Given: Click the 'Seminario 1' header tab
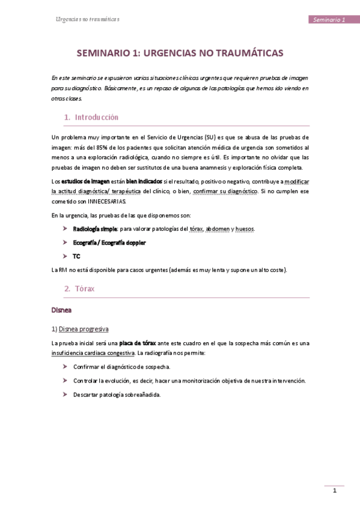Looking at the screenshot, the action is pyautogui.click(x=329, y=20).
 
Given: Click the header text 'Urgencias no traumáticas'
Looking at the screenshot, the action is pyautogui.click(x=87, y=19).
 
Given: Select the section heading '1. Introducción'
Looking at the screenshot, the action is pyautogui.click(x=91, y=117).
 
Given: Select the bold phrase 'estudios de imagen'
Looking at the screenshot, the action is pyautogui.click(x=84, y=181).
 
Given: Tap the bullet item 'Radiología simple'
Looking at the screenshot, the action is pyautogui.click(x=95, y=229).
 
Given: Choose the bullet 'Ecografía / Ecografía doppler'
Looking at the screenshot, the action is pyautogui.click(x=109, y=243).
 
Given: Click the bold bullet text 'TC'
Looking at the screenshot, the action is pyautogui.click(x=76, y=256).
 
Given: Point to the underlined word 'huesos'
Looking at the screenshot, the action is pyautogui.click(x=245, y=229).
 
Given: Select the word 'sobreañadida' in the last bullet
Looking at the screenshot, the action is pyautogui.click(x=142, y=395).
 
